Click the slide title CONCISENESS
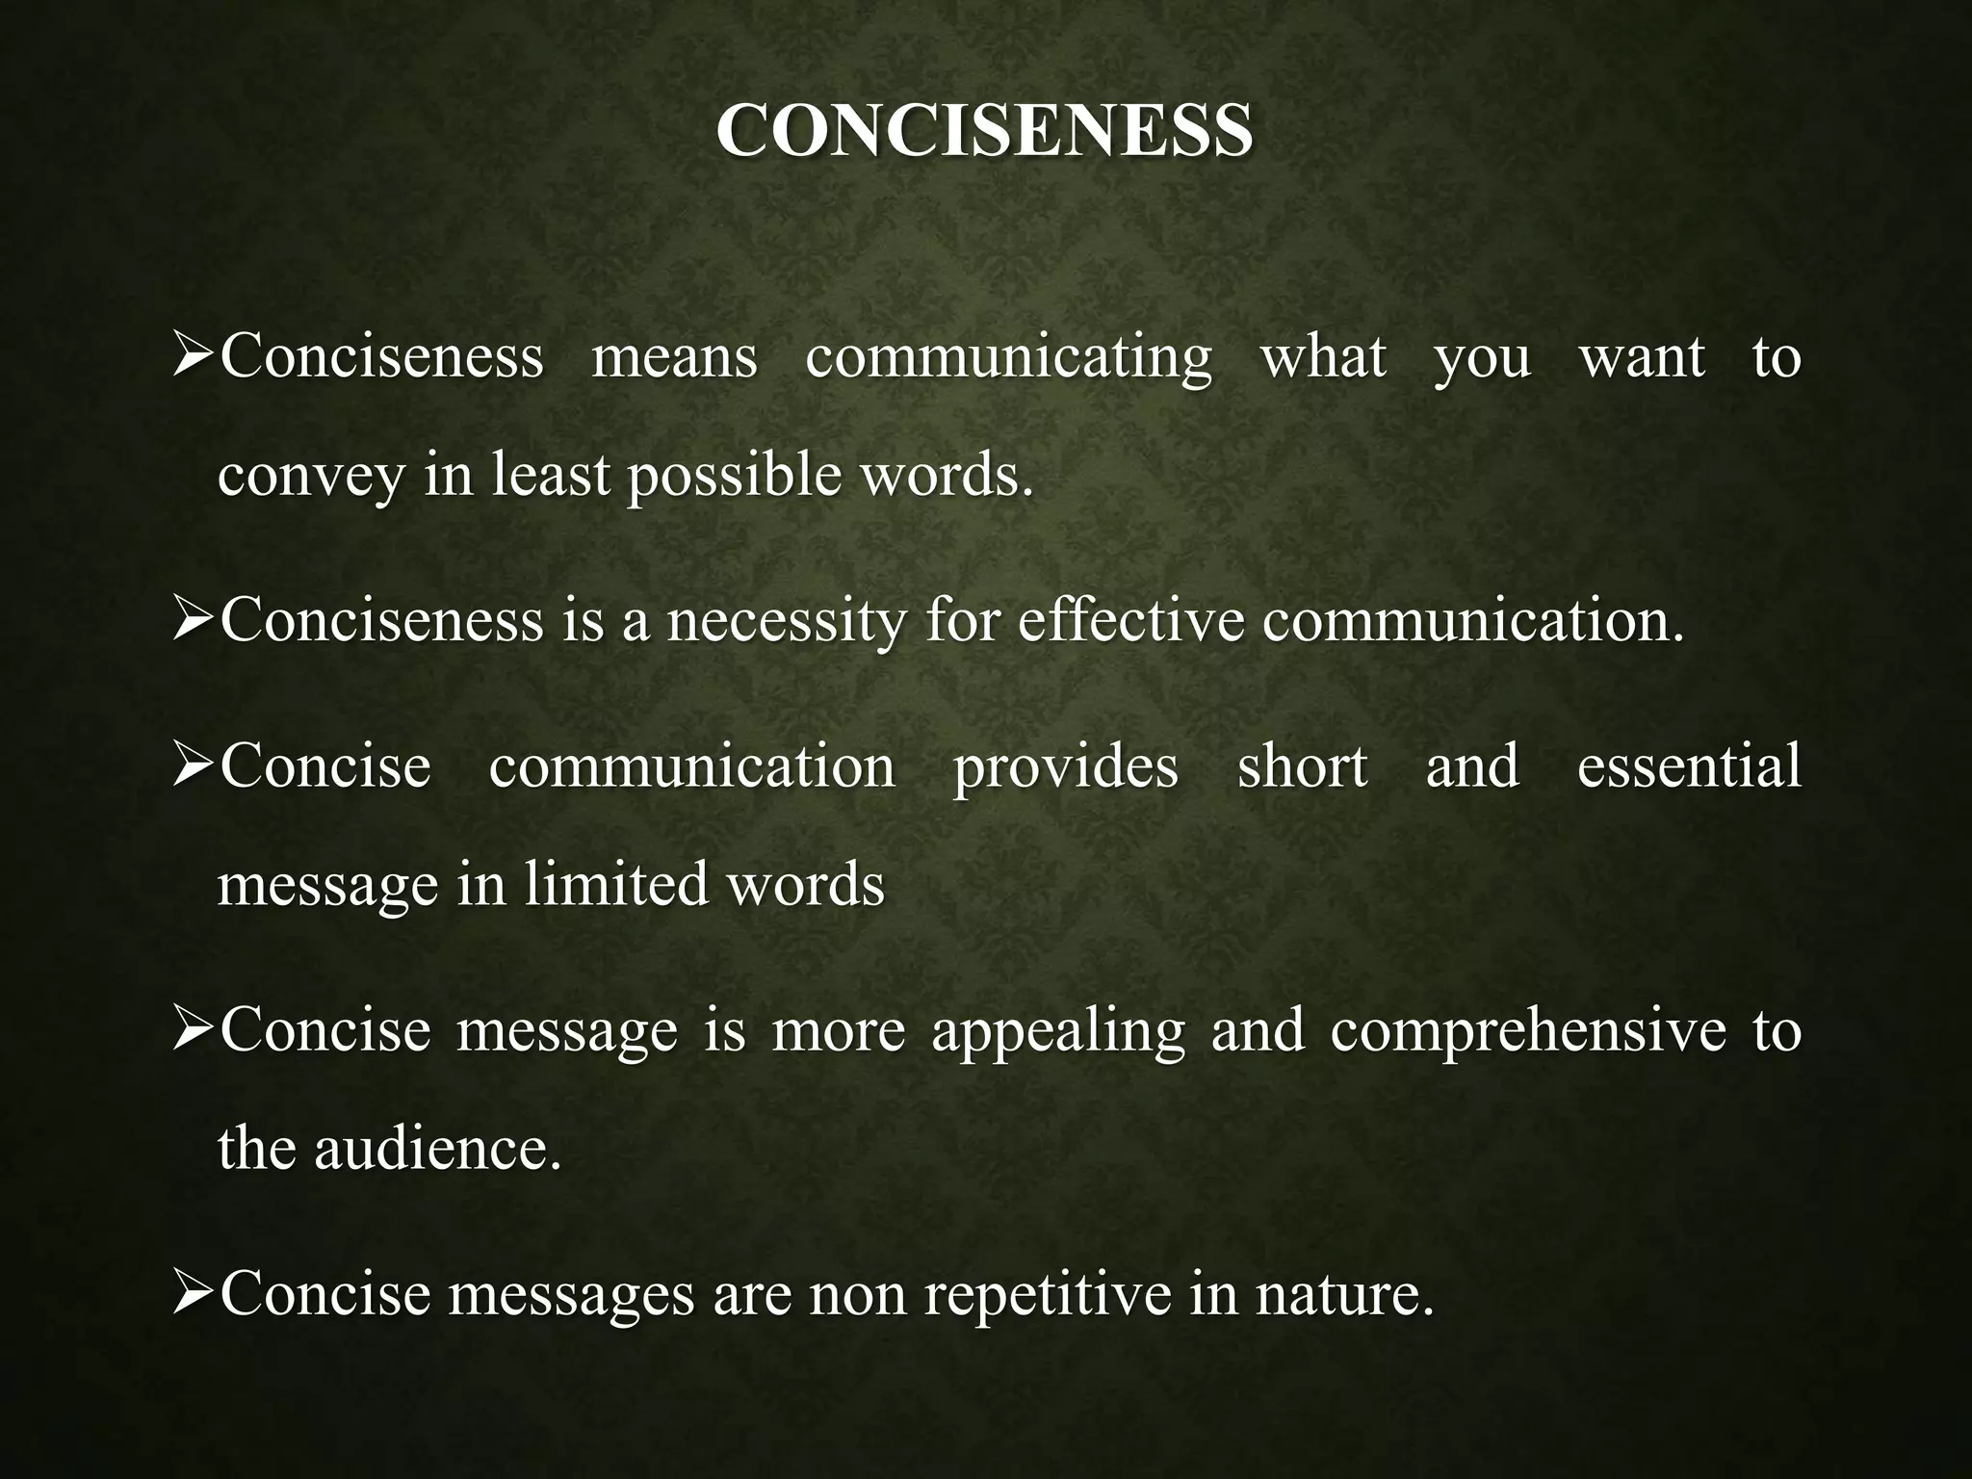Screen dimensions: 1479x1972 coord(985,130)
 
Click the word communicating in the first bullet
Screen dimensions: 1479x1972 coord(1008,357)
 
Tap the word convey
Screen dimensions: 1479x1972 coord(311,477)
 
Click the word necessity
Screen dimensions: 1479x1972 coord(787,620)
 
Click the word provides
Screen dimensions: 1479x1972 coord(1065,766)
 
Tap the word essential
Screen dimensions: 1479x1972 coord(1689,766)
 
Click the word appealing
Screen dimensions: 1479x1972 coord(1058,1030)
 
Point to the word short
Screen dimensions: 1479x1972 coord(1302,766)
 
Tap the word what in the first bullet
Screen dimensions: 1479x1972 coord(1324,357)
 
